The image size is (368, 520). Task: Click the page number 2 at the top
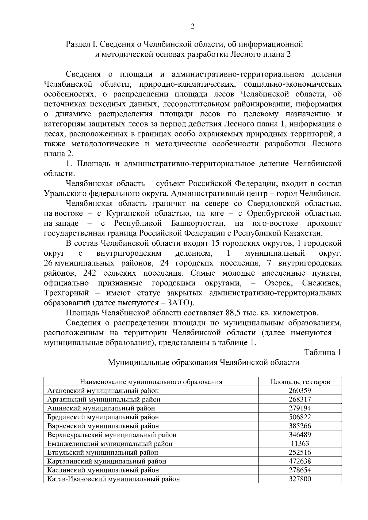tap(193, 26)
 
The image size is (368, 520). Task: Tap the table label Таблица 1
tap(323, 352)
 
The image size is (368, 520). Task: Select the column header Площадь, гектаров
tap(300, 382)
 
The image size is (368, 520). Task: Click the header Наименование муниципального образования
tap(151, 382)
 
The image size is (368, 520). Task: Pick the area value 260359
tap(300, 391)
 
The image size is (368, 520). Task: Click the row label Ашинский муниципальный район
tap(101, 408)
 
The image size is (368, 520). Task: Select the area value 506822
tap(300, 417)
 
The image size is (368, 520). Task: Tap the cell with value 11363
tap(300, 443)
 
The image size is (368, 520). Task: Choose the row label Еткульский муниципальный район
tap(103, 452)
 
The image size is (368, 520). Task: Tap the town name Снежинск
tap(321, 283)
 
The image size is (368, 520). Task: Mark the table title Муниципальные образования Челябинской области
tap(203, 363)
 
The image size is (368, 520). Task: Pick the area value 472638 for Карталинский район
tap(300, 461)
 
